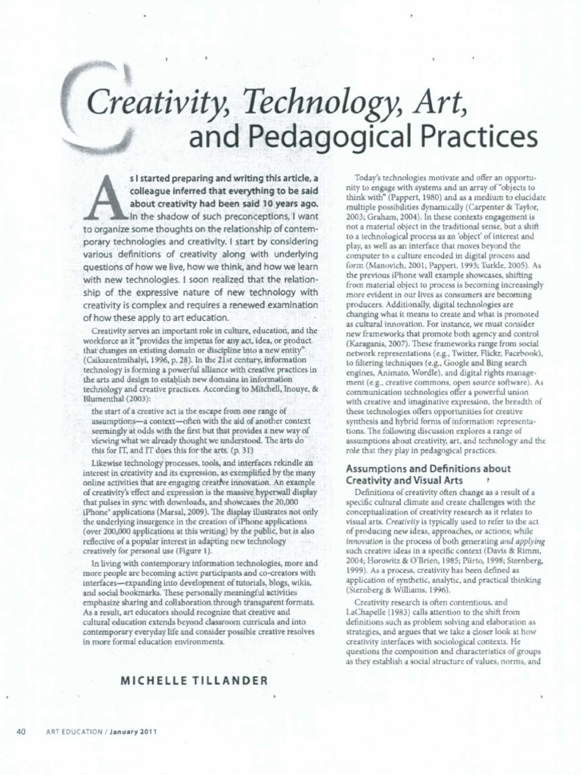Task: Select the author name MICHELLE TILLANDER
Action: pos(194,680)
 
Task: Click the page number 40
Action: pos(21,730)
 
